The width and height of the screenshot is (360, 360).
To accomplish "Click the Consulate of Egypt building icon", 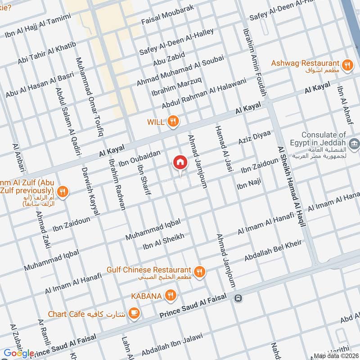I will pos(355,144).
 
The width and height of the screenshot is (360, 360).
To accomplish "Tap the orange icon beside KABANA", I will pos(170,295).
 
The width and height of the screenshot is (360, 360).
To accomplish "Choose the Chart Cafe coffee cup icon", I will pos(133,312).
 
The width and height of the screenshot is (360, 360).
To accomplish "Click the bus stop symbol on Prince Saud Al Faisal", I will pos(237,297).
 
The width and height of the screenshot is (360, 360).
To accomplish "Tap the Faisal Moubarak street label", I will pos(167,14).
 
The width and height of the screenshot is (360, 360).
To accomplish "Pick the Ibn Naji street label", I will pos(248,184).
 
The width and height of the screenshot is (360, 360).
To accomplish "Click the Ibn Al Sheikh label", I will pos(163,242).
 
